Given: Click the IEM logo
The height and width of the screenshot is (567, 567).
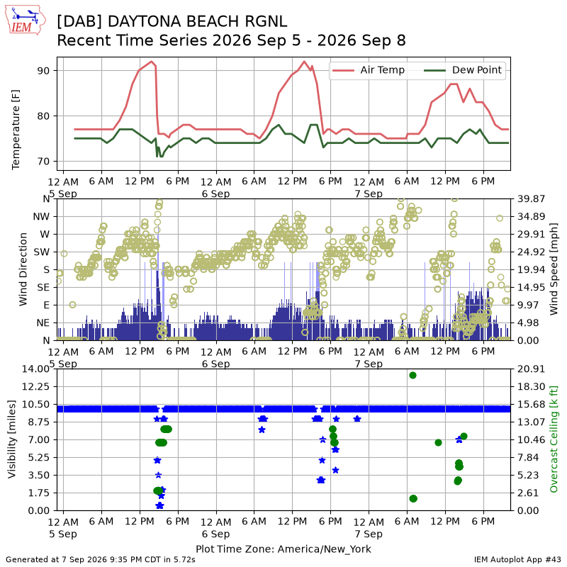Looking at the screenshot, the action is point(25,20).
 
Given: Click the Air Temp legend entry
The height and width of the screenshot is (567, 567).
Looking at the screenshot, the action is point(368,69).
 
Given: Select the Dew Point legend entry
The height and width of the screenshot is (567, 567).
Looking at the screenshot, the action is point(463,69).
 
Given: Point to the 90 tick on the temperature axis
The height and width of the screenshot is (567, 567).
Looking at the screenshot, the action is point(43,70).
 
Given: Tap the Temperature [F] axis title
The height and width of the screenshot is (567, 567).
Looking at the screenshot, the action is point(16,130).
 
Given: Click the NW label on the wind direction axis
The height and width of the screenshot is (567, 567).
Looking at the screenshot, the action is point(41,217).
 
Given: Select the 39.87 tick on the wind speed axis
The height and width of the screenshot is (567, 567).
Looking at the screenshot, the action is point(531,198).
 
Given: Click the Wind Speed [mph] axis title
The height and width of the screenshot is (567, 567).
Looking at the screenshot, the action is point(554,269).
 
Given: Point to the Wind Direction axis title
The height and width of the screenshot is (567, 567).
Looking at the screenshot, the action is point(23,269).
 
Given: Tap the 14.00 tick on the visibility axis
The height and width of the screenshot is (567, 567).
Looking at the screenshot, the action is point(35,369).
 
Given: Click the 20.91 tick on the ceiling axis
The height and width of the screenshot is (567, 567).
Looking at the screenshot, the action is point(531,369).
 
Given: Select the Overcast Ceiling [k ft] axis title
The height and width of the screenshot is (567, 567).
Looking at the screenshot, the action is point(554,439).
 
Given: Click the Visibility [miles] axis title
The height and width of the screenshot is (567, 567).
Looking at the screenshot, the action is point(11,439).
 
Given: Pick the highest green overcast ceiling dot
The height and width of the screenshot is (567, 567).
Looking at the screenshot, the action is point(412,376).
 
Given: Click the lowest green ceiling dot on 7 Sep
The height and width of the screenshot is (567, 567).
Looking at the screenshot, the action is point(413,499).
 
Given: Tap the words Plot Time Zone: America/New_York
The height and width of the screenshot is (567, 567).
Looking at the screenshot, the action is point(283,549).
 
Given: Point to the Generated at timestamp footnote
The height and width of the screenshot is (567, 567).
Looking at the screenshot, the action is point(101,559).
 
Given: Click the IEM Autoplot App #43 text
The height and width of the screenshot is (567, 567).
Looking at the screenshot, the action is point(517,559).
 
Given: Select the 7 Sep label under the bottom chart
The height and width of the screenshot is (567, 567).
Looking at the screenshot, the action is point(369,534).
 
